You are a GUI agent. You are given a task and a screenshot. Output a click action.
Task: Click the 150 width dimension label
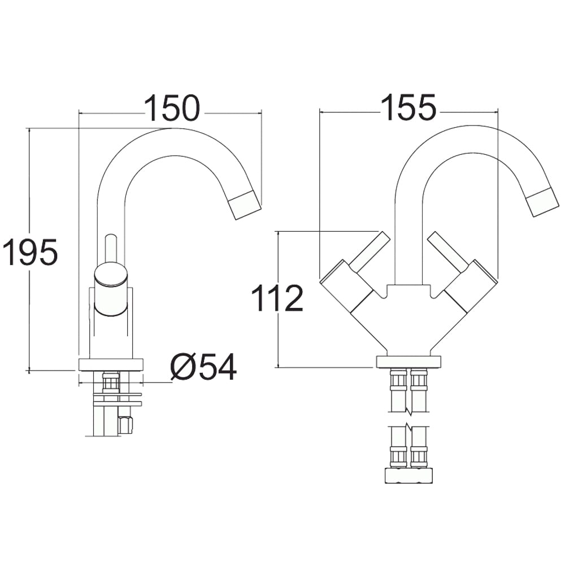click(x=172, y=108)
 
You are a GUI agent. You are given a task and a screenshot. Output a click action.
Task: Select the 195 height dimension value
click(x=30, y=252)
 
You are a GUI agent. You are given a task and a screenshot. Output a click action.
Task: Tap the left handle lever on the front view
click(x=371, y=251)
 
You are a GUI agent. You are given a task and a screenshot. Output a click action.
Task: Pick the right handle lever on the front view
click(x=448, y=251)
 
